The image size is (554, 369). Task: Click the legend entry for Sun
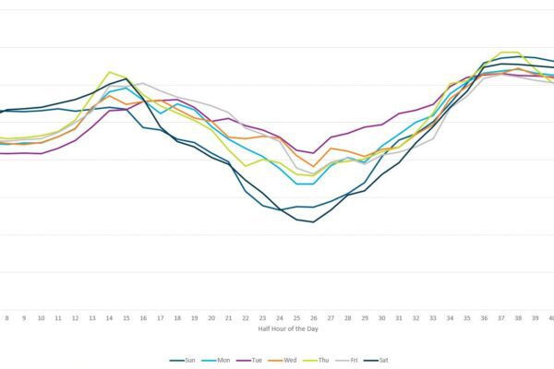pyautogui.click(x=188, y=360)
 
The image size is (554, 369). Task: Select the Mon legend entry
pyautogui.click(x=222, y=360)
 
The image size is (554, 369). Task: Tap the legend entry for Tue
pyautogui.click(x=256, y=360)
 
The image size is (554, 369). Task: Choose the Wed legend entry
pyautogui.click(x=289, y=360)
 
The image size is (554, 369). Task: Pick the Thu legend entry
pyautogui.click(x=322, y=360)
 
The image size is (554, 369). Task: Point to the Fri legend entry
pyautogui.click(x=354, y=360)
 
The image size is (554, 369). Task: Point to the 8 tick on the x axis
pyautogui.click(x=7, y=317)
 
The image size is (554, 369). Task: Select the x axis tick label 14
pyautogui.click(x=109, y=317)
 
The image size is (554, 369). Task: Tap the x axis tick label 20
pyautogui.click(x=211, y=317)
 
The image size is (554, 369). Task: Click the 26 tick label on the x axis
pyautogui.click(x=313, y=317)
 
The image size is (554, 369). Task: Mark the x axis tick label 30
pyautogui.click(x=381, y=317)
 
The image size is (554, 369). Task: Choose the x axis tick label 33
pyautogui.click(x=432, y=317)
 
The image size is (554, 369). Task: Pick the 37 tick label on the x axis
pyautogui.click(x=500, y=317)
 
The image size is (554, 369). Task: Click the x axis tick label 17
pyautogui.click(x=161, y=317)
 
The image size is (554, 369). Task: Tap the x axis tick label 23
pyautogui.click(x=262, y=317)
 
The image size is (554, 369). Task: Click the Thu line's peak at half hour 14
pyautogui.click(x=110, y=71)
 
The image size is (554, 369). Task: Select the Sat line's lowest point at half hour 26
pyautogui.click(x=313, y=221)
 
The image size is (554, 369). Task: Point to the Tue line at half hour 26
pyautogui.click(x=313, y=153)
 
